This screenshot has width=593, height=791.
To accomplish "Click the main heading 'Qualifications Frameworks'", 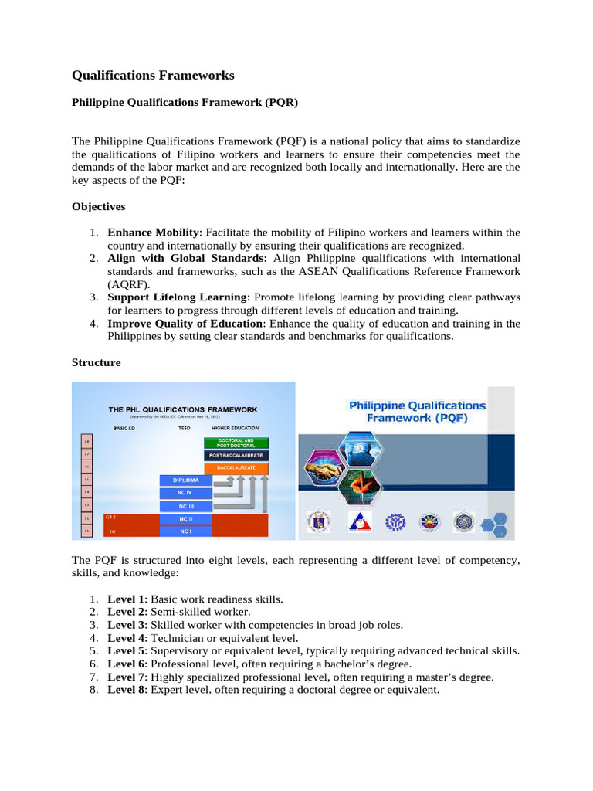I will pyautogui.click(x=153, y=76).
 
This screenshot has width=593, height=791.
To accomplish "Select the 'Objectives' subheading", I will pyautogui.click(x=98, y=207).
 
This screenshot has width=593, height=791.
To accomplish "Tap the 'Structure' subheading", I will pyautogui.click(x=96, y=362).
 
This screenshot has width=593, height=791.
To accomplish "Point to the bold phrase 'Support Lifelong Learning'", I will pyautogui.click(x=178, y=297).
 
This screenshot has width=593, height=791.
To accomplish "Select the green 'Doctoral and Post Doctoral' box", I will pyautogui.click(x=236, y=443).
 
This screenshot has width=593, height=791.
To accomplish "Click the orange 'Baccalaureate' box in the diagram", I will pyautogui.click(x=236, y=468).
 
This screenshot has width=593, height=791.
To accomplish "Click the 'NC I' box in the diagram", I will pyautogui.click(x=185, y=531).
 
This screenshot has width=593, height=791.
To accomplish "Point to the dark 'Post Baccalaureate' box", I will pyautogui.click(x=236, y=456).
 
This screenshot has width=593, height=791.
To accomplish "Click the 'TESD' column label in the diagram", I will pyautogui.click(x=185, y=427).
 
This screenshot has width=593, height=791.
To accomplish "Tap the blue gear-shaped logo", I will pyautogui.click(x=394, y=521).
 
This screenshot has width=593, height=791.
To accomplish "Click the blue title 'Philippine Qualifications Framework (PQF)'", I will pyautogui.click(x=418, y=411).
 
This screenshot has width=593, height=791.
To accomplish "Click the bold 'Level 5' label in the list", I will pyautogui.click(x=123, y=651).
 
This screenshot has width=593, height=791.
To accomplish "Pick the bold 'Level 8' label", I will pyautogui.click(x=123, y=690).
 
